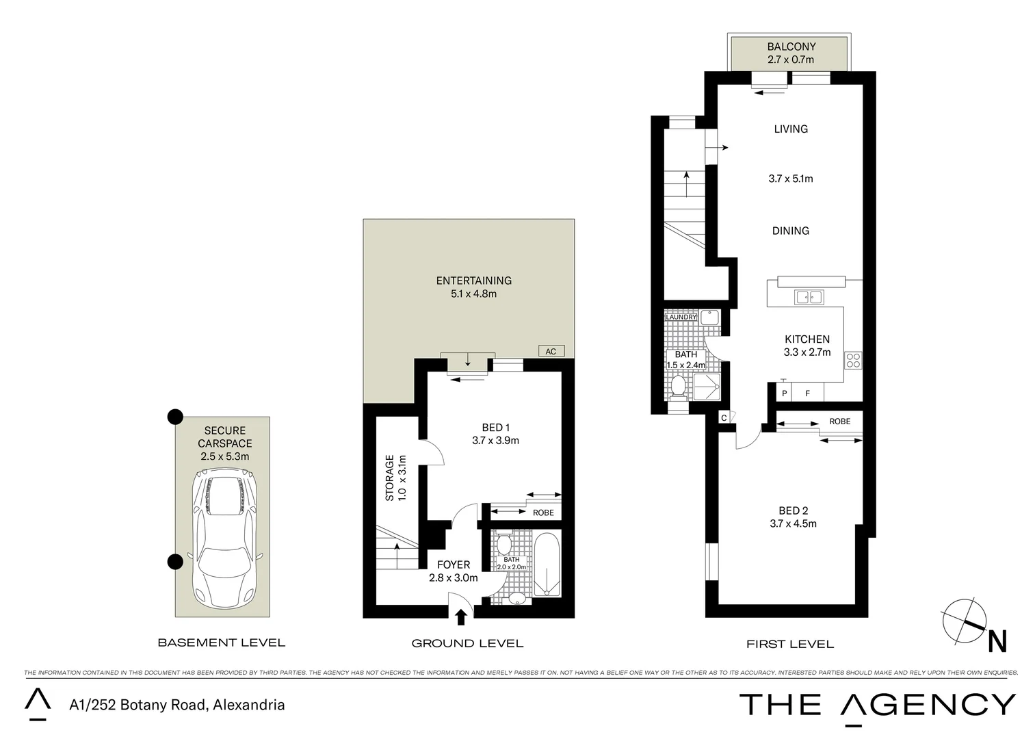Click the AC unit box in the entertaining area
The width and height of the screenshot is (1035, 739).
[551, 351]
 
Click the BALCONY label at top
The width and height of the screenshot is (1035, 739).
[791, 47]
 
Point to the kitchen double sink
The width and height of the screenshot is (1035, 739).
[809, 297]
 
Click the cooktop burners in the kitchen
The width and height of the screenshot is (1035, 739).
[853, 360]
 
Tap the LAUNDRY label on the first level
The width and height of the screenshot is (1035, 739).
[681, 317]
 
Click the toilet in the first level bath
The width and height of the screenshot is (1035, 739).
[678, 385]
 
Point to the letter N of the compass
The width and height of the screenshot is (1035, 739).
[997, 642]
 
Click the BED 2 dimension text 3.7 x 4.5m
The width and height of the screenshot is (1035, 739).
[793, 523]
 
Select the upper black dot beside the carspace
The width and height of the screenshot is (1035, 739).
[176, 416]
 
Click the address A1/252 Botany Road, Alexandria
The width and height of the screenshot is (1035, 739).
[177, 704]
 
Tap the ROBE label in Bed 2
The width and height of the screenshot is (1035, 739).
[839, 422]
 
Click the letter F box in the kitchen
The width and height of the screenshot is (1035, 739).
[807, 393]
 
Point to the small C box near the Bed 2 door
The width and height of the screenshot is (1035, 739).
[724, 417]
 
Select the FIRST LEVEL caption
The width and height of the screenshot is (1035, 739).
[789, 644]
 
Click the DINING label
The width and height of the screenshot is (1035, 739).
[790, 231]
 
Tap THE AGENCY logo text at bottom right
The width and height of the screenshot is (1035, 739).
[878, 704]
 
